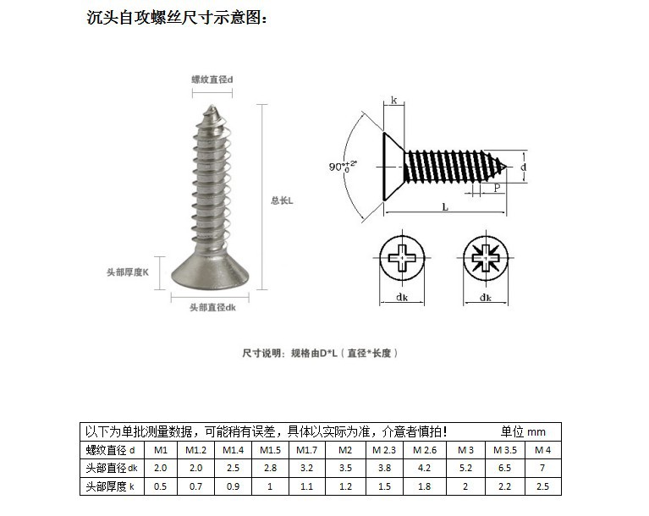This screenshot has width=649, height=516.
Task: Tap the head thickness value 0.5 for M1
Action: pyautogui.click(x=161, y=486)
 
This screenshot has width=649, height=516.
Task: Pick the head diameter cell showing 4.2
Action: pyautogui.click(x=425, y=468)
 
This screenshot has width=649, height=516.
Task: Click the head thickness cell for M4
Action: pyautogui.click(x=542, y=486)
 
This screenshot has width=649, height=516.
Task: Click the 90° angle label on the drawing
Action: pyautogui.click(x=342, y=167)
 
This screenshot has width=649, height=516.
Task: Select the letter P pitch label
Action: pyautogui.click(x=496, y=188)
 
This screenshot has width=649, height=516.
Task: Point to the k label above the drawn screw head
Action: pyautogui.click(x=393, y=101)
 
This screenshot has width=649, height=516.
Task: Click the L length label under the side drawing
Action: pyautogui.click(x=445, y=206)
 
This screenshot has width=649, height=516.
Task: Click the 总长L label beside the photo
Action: pyautogui.click(x=281, y=200)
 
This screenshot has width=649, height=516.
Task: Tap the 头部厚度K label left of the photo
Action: pyautogui.click(x=128, y=272)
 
